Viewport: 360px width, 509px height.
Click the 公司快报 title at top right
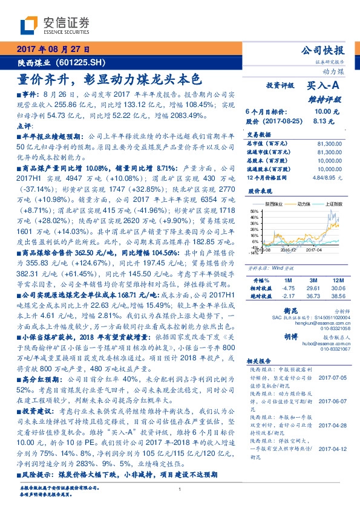(x=327, y=51)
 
